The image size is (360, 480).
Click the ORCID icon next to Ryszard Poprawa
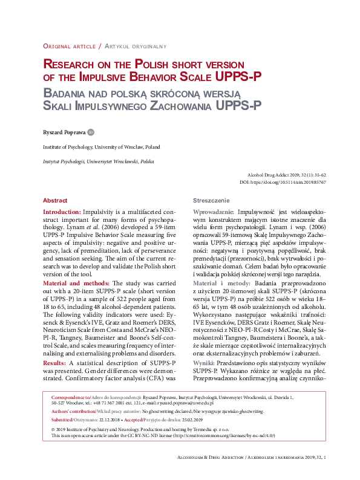[x=91, y=132]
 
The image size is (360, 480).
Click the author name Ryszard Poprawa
[x=64, y=132]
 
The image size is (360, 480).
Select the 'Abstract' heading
[x=55, y=200]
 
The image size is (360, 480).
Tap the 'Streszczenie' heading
[x=211, y=200]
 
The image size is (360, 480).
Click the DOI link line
[x=283, y=181]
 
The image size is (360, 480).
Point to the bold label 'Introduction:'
[x=62, y=213]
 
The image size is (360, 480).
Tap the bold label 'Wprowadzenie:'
[x=213, y=213]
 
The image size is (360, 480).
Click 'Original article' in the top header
[x=70, y=46]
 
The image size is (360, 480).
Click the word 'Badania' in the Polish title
[x=66, y=93]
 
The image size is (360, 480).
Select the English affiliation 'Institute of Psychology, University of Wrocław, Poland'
[x=101, y=147]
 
